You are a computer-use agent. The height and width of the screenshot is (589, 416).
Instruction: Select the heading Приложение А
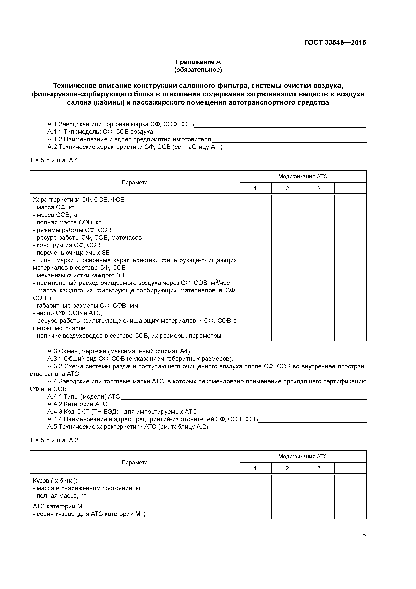198,62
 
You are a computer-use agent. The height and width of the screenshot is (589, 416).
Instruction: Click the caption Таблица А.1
54,161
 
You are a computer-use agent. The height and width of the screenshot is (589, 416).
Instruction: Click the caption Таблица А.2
54,440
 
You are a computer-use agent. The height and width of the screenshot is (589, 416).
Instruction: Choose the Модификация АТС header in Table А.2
303,456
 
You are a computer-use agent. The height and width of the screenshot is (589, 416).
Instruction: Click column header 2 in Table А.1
287,189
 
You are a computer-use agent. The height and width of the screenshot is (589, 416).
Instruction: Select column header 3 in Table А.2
319,468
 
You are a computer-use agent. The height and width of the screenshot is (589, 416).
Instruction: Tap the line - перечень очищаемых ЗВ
71,253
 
